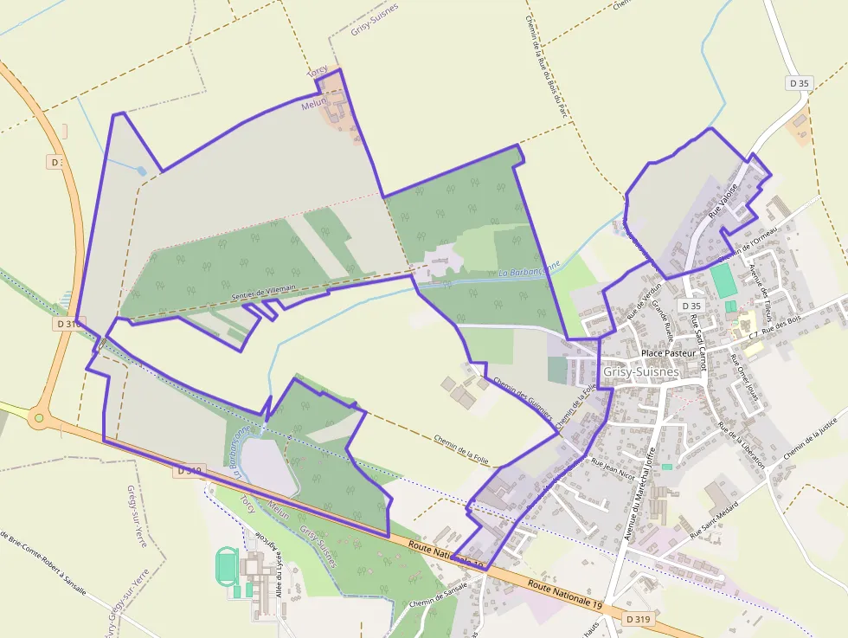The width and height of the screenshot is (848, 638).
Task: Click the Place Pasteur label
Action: coord(669,354)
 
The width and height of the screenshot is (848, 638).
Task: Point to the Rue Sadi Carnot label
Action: coord(699,343)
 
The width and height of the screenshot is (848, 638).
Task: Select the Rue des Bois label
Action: coord(784,328)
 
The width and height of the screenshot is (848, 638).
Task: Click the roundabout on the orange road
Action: coord(37,419)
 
